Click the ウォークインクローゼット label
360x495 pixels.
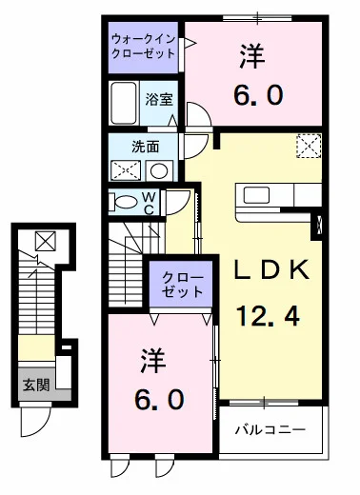click(144, 47)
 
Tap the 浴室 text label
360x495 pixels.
click(158, 98)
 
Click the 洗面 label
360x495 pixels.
click(145, 148)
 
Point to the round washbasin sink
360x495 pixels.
click(159, 171)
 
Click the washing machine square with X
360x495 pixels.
click(125, 171)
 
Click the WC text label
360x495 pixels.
click(150, 203)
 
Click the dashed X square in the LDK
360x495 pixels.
click(309, 146)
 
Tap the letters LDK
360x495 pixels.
click(272, 270)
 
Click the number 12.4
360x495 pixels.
click(269, 313)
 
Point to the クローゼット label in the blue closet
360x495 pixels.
click(181, 284)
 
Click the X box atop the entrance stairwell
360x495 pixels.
click(45, 241)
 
